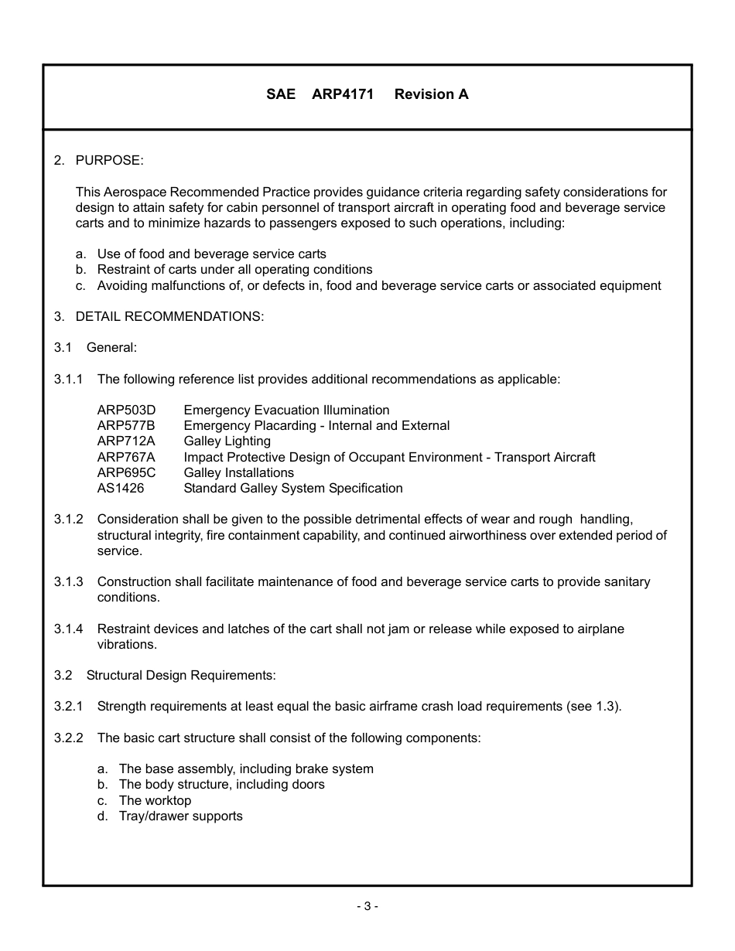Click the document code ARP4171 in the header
pos(343,94)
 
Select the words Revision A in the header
pos(431,94)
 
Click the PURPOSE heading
pos(109,160)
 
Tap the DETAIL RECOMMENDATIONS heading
pos(169,316)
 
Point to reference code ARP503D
pos(126,410)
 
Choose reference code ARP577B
pos(126,425)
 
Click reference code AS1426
pos(121,488)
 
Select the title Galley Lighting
pos(227,441)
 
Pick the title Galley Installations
pos(238,472)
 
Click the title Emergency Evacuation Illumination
pos(286,410)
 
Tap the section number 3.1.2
pos(69,519)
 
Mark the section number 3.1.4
pos(69,629)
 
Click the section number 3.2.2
pos(69,738)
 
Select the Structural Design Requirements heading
pos(180,675)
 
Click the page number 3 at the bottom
pos(367,906)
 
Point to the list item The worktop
pos(155,800)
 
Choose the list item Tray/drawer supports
pos(180,816)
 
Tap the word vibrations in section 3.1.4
pos(127,644)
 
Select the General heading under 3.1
pos(111,347)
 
